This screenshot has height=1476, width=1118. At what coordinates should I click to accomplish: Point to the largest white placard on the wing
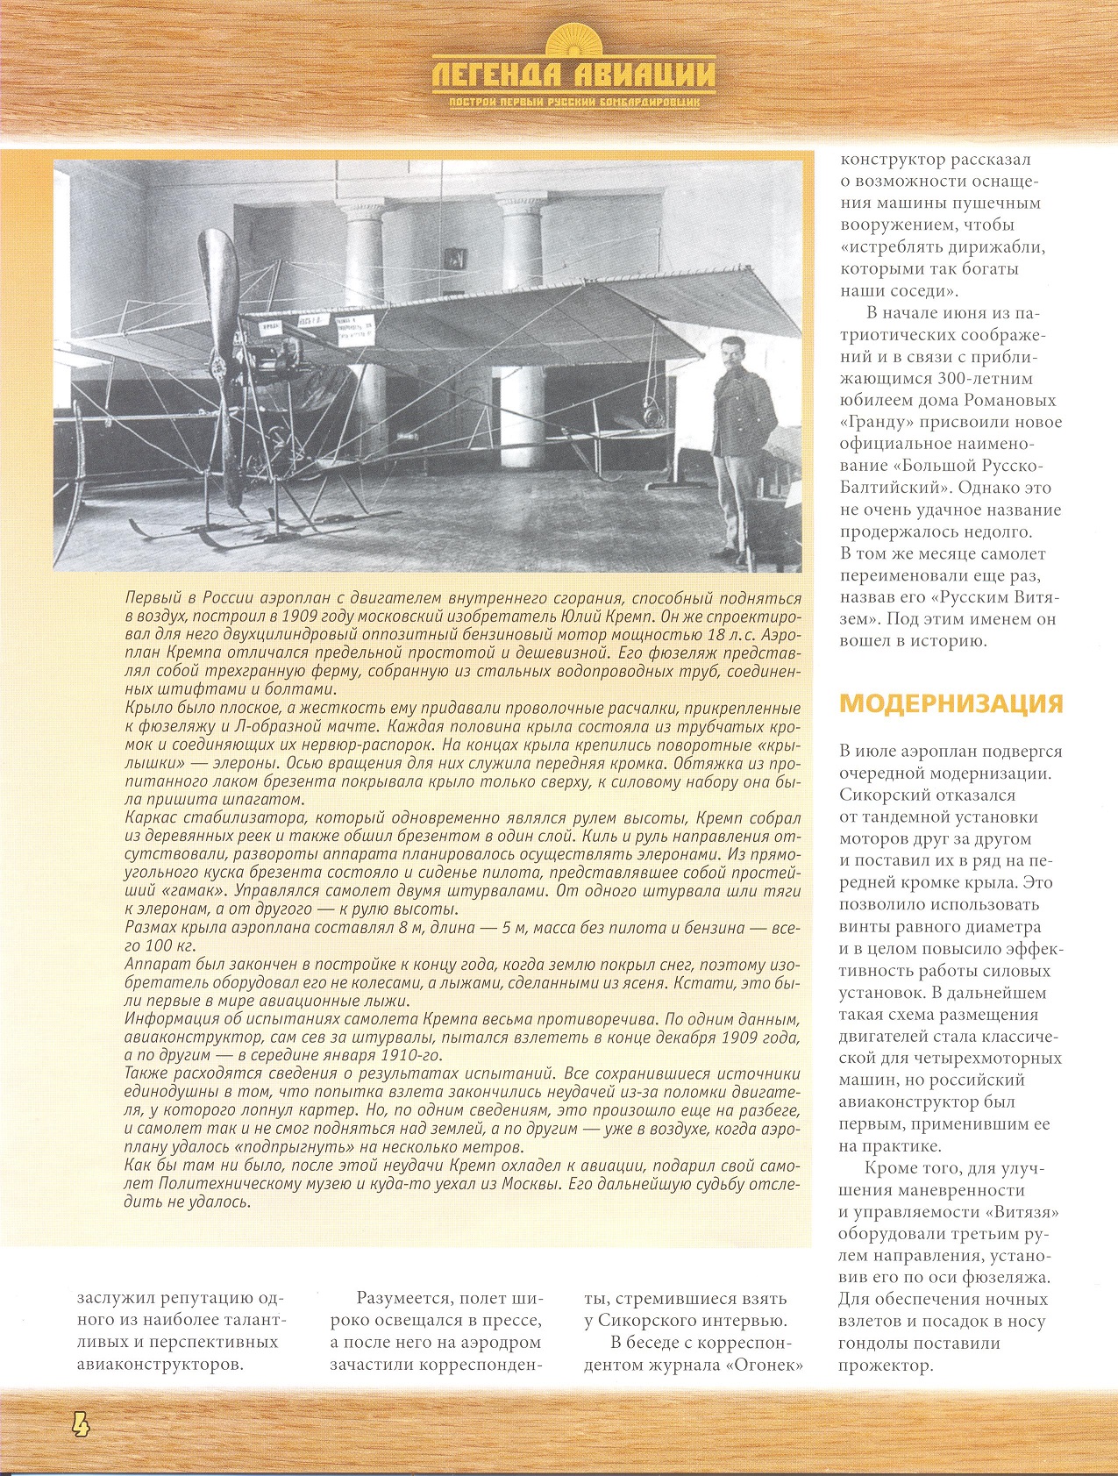pos(352,326)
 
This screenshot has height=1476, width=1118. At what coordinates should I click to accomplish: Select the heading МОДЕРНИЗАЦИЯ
pos(951,703)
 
